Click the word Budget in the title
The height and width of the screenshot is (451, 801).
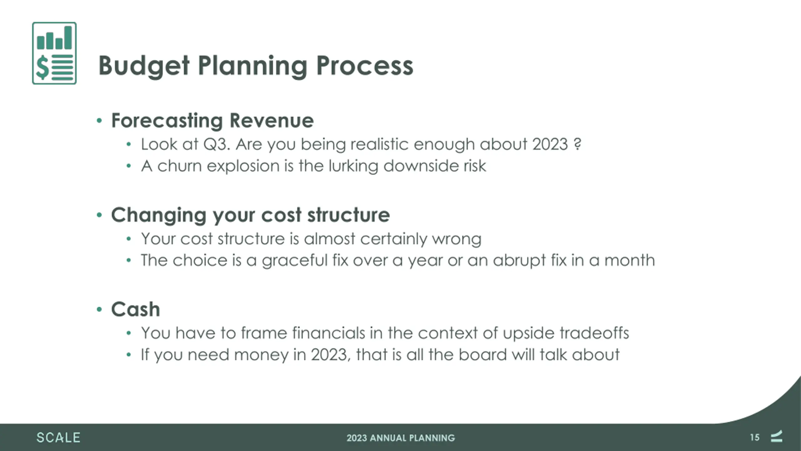(x=144, y=66)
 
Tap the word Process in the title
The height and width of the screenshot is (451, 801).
(x=365, y=66)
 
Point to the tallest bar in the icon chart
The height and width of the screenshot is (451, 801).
(x=68, y=38)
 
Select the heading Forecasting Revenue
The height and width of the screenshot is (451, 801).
(x=212, y=121)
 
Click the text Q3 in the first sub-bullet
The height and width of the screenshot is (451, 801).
(x=217, y=145)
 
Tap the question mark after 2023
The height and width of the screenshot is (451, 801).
(x=578, y=144)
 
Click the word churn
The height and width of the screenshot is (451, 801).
(x=180, y=166)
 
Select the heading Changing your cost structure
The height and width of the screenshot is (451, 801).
(x=251, y=215)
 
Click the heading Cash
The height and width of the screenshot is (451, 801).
(x=135, y=309)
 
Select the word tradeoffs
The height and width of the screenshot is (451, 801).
(x=594, y=333)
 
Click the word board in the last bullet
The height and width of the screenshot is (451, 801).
(x=482, y=355)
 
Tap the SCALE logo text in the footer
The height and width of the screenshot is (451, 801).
(x=58, y=438)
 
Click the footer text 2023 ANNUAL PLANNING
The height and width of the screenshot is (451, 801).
(x=400, y=438)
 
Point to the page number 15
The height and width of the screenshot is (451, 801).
(x=755, y=438)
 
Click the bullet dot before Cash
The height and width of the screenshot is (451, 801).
(x=99, y=310)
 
